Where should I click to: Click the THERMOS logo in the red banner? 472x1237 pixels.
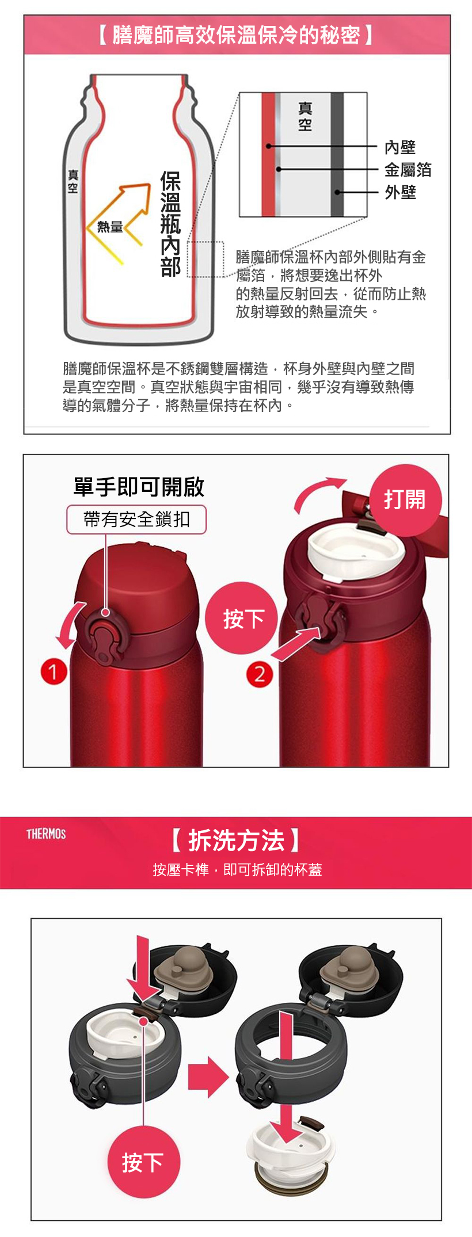tap(46, 834)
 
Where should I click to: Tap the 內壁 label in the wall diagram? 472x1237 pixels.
tap(400, 147)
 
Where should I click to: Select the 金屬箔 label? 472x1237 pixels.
tap(408, 170)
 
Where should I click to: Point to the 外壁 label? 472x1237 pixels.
tap(400, 192)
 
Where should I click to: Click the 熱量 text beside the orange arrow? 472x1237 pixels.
tap(110, 227)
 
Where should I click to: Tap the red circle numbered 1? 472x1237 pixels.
tap(54, 671)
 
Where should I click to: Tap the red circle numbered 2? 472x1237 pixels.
tap(259, 674)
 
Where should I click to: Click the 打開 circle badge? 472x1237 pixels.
tap(405, 499)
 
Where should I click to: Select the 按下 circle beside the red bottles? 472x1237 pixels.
tap(242, 618)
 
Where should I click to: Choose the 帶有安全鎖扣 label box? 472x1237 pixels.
tap(136, 520)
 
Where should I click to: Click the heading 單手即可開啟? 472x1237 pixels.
tap(139, 487)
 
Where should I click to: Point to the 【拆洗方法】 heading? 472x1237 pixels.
tap(236, 841)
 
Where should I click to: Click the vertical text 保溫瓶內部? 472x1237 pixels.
tap(171, 224)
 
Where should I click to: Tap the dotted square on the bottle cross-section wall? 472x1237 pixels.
tap(205, 259)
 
